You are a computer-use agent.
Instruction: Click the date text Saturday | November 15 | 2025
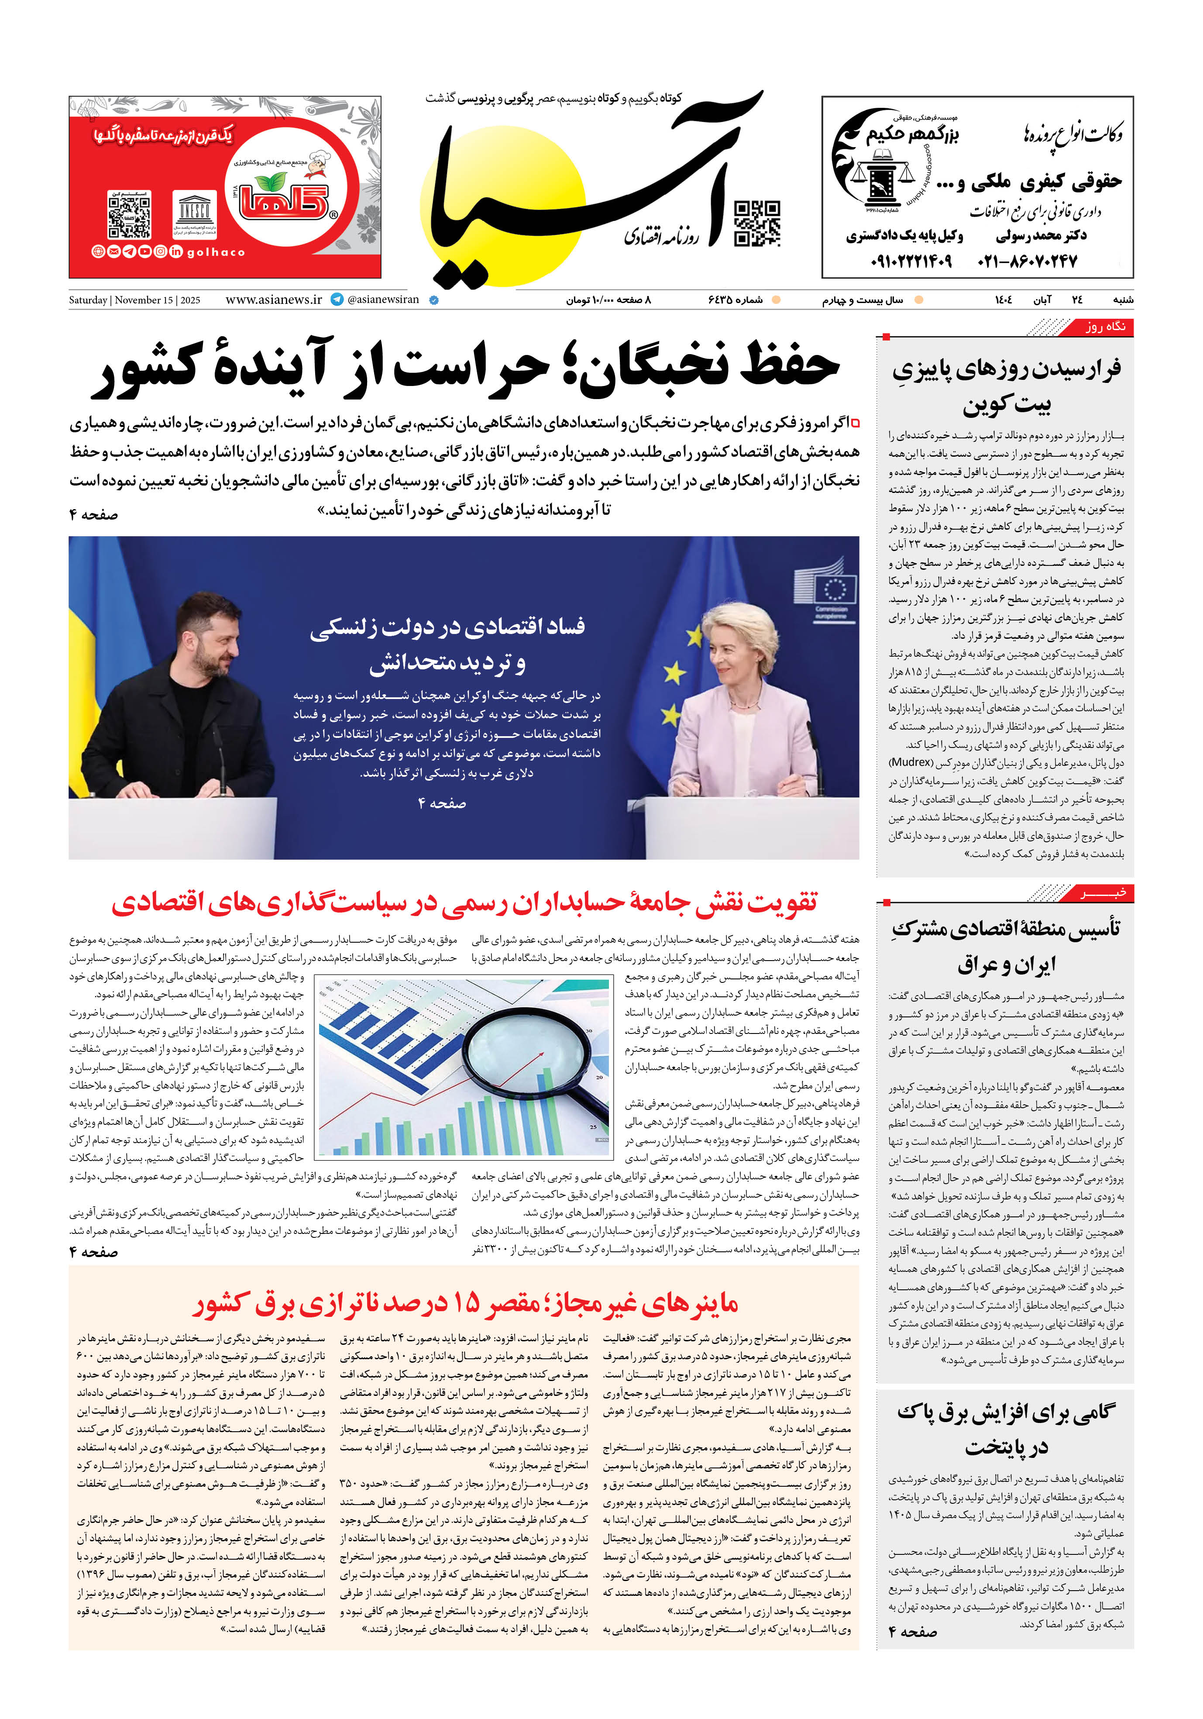(135, 300)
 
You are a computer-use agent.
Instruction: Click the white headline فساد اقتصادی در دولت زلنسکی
(448, 644)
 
